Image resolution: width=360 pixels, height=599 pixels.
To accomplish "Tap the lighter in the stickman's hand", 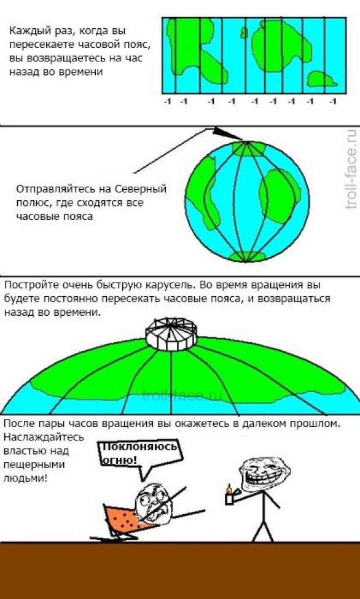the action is pyautogui.click(x=229, y=495).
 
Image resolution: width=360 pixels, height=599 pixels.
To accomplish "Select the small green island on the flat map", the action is pyautogui.click(x=321, y=79).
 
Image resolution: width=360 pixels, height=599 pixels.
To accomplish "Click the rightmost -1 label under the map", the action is pyautogui.click(x=333, y=101).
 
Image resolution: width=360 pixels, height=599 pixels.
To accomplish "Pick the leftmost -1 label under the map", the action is pyautogui.click(x=167, y=101).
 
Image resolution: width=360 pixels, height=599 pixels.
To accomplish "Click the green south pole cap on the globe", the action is pyautogui.click(x=246, y=257).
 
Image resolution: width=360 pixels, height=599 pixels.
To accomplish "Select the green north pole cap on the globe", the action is pyautogui.click(x=249, y=148).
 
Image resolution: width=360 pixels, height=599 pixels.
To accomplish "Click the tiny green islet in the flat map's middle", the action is pyautogui.click(x=243, y=33).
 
